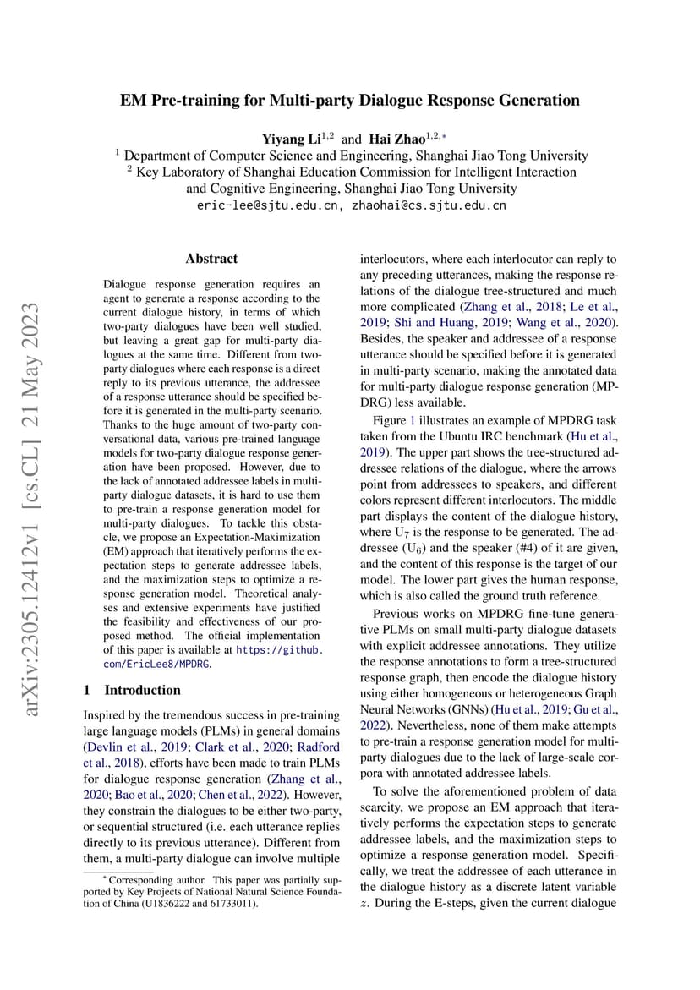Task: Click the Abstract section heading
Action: [211, 259]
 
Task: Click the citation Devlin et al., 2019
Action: [133, 747]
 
